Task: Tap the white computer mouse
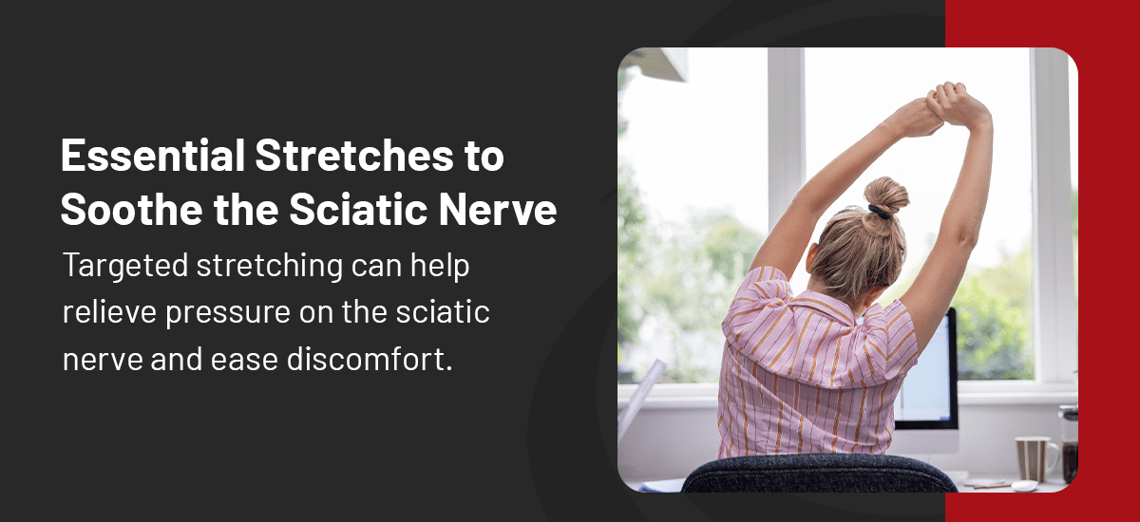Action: click(1023, 485)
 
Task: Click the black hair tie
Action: click(881, 213)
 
